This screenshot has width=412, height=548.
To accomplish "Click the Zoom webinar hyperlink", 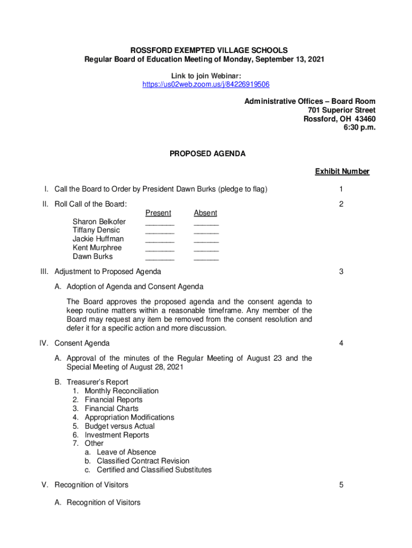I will click(x=205, y=85).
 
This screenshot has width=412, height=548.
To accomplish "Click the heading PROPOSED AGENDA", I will click(x=208, y=154).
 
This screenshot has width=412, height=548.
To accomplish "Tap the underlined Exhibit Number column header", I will click(x=342, y=171).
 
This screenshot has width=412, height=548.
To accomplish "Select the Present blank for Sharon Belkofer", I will click(x=159, y=224).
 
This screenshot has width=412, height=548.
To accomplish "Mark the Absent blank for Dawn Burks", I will click(x=206, y=258).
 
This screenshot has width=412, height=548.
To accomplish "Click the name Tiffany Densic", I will click(x=96, y=230).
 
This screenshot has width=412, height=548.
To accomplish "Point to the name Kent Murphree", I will click(x=97, y=248).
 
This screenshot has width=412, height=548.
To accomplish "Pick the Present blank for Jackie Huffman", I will click(x=159, y=241).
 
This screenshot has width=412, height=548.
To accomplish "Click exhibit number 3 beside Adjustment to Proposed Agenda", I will click(x=341, y=272).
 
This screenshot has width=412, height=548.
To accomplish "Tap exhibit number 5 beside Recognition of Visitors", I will click(x=341, y=485).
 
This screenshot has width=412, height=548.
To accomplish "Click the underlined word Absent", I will click(x=205, y=213).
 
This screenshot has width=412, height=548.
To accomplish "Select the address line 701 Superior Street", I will click(x=338, y=110).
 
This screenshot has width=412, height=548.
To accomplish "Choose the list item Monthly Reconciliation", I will click(x=121, y=391).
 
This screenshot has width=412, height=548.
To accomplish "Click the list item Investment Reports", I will click(x=117, y=435).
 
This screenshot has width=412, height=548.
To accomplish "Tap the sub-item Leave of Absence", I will click(x=126, y=452).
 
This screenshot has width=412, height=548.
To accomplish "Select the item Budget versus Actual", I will click(x=120, y=426).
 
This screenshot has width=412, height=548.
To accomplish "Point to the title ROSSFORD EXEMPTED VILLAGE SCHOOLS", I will click(x=205, y=50).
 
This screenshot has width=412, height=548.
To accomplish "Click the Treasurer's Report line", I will click(x=97, y=382).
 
